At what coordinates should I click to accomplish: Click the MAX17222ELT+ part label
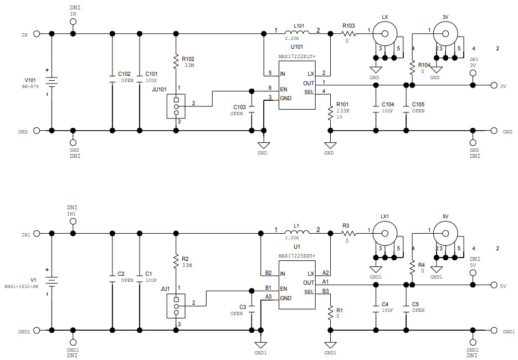(296, 56)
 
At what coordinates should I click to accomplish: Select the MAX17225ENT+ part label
(296, 255)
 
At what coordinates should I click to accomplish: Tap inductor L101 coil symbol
(298, 33)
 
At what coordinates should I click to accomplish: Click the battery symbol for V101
(52, 82)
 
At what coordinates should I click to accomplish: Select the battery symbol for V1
(52, 281)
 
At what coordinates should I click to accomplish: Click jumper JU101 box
(176, 106)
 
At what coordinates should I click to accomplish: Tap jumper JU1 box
(176, 305)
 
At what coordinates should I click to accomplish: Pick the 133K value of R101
(342, 111)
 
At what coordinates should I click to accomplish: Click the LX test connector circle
(382, 33)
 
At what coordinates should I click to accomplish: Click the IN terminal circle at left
(37, 34)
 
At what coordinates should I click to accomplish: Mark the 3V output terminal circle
(493, 85)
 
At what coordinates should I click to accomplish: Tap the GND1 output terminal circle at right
(493, 331)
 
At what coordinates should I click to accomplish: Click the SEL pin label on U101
(309, 92)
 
